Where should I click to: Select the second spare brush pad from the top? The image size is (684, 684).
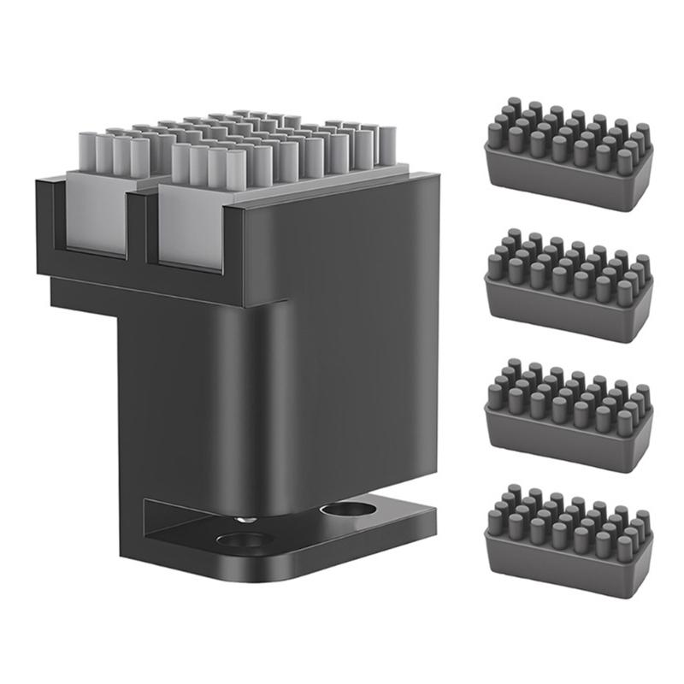coord(569,282)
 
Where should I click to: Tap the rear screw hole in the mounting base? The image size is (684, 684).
coord(347,511)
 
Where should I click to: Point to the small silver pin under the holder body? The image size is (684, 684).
coord(245,519)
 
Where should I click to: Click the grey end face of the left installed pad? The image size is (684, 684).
coord(96,214)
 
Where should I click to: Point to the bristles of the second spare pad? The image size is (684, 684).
coord(569,261)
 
